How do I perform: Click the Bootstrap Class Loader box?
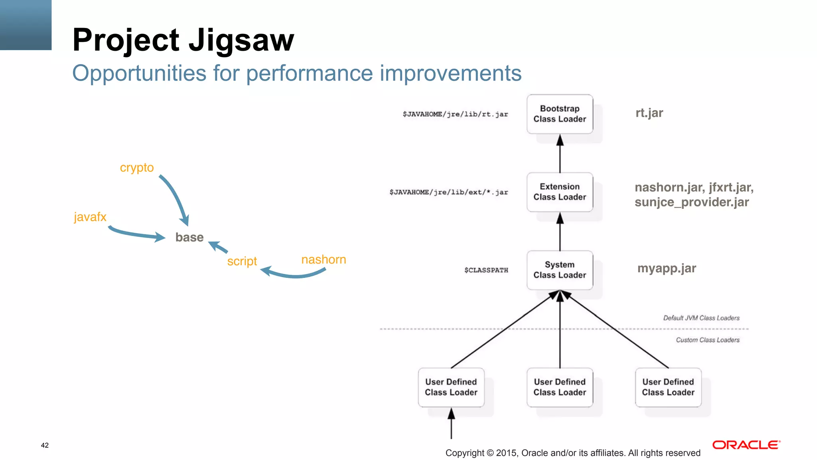pyautogui.click(x=559, y=114)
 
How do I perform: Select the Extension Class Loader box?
pyautogui.click(x=559, y=192)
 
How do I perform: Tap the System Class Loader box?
pyautogui.click(x=559, y=270)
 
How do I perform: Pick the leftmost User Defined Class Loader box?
pyautogui.click(x=451, y=387)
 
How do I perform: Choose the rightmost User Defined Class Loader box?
pyautogui.click(x=668, y=387)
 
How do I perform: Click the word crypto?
pyautogui.click(x=136, y=168)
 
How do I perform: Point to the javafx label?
pyautogui.click(x=90, y=217)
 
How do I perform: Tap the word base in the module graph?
pyautogui.click(x=189, y=237)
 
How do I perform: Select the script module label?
pyautogui.click(x=242, y=261)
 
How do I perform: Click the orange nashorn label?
pyautogui.click(x=324, y=260)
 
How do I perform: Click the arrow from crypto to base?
pyautogui.click(x=176, y=198)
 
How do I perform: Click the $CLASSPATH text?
pyautogui.click(x=486, y=270)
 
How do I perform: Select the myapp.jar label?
pyautogui.click(x=667, y=268)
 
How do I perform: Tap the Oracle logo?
pyautogui.click(x=746, y=445)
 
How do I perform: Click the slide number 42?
pyautogui.click(x=45, y=445)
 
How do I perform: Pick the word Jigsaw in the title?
pyautogui.click(x=241, y=40)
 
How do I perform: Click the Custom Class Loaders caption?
pyautogui.click(x=707, y=340)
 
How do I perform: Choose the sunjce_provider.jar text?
pyautogui.click(x=692, y=202)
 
